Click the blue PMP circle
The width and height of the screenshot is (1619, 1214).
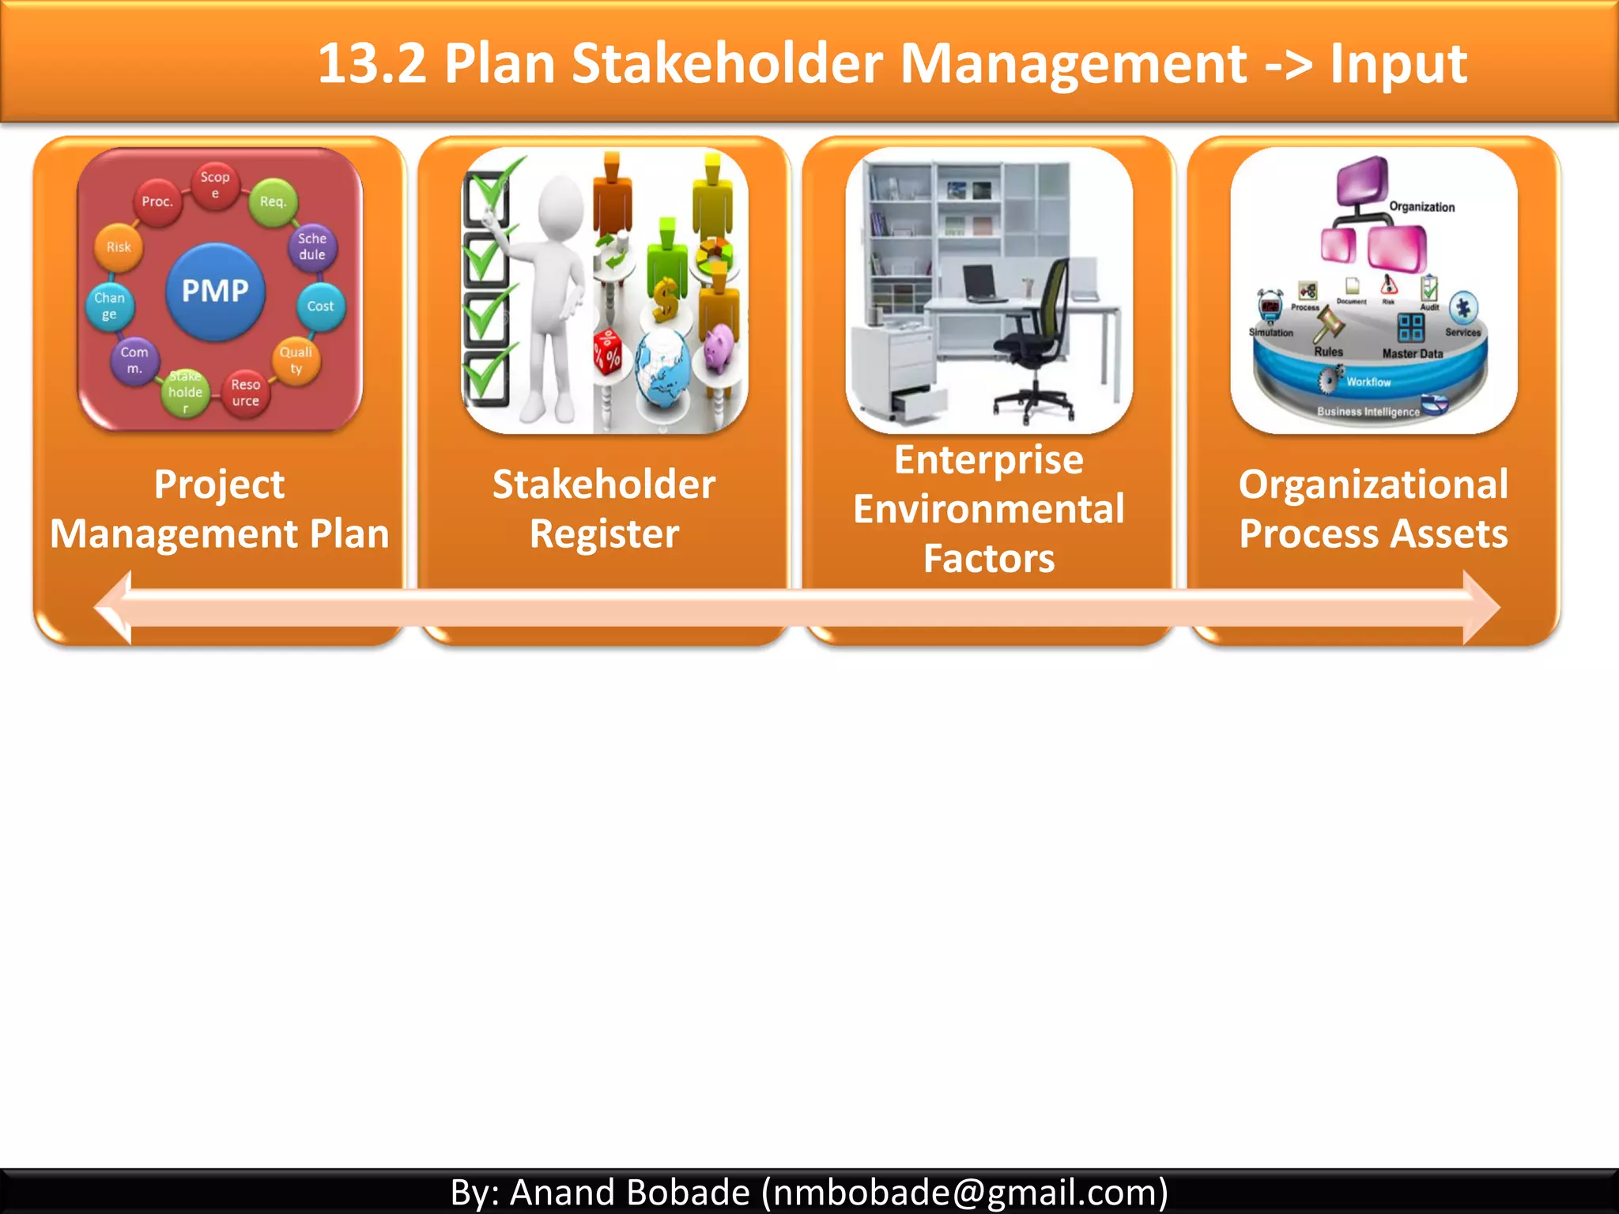(x=215, y=291)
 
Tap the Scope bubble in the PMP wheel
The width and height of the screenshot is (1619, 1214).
(x=215, y=184)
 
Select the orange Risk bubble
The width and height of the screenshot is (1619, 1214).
(x=119, y=247)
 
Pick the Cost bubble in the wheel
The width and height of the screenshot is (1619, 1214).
(x=320, y=306)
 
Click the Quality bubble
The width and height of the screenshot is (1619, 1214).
(x=296, y=360)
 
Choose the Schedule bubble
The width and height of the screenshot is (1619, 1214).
(x=312, y=246)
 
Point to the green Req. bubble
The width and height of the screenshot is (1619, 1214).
(x=273, y=202)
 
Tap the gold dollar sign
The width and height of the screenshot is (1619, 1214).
(x=666, y=300)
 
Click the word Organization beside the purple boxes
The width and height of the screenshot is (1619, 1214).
(x=1421, y=207)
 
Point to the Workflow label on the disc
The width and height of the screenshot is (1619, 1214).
(x=1368, y=382)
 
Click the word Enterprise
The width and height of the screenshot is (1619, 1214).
(x=988, y=460)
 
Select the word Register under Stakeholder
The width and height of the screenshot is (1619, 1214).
(x=604, y=533)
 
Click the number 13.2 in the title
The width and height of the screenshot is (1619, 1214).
(x=372, y=63)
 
